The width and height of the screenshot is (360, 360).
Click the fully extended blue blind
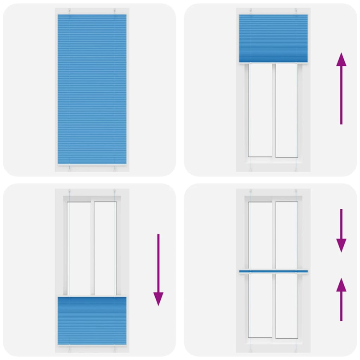coord(92,89)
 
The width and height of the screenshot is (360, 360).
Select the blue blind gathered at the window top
coord(273,38)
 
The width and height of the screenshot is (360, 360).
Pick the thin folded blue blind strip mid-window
coord(273,271)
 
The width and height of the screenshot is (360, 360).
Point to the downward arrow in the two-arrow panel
coord(341,230)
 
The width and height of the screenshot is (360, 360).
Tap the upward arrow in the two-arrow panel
coord(341,299)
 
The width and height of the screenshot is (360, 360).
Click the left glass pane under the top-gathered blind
coord(261,110)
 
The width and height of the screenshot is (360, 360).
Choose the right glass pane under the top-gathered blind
coord(286,110)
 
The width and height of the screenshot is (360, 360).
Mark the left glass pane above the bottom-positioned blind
coord(79,247)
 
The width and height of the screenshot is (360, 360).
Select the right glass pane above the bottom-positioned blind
coord(105,247)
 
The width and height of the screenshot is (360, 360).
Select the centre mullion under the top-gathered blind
coord(274,110)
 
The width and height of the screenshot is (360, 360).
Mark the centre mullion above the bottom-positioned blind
coord(92,247)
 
